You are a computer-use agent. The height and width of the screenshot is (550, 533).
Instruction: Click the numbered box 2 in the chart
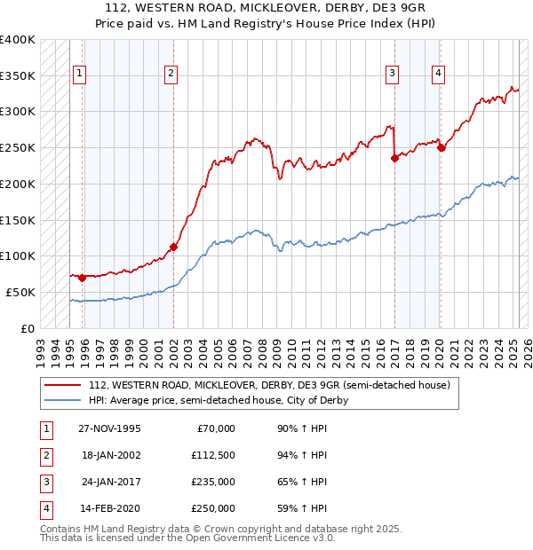(x=171, y=74)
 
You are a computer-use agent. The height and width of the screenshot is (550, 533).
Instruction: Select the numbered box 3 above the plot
(x=392, y=74)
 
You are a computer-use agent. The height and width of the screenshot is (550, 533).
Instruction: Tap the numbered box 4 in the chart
(x=438, y=74)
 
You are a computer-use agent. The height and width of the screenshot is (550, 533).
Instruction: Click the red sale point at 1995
(x=83, y=278)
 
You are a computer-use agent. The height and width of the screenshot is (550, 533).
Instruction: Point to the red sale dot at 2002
(x=173, y=247)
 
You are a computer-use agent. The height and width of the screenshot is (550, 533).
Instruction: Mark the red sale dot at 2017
(x=394, y=159)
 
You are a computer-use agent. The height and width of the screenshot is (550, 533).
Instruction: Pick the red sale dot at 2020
(x=441, y=148)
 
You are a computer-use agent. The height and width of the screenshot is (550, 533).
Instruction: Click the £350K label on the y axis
(x=18, y=75)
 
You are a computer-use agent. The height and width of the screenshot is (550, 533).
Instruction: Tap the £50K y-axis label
(x=21, y=292)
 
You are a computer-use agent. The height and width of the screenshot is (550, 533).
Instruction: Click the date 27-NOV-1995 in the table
(x=110, y=428)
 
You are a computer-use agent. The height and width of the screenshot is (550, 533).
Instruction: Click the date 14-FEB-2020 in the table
(x=111, y=508)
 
